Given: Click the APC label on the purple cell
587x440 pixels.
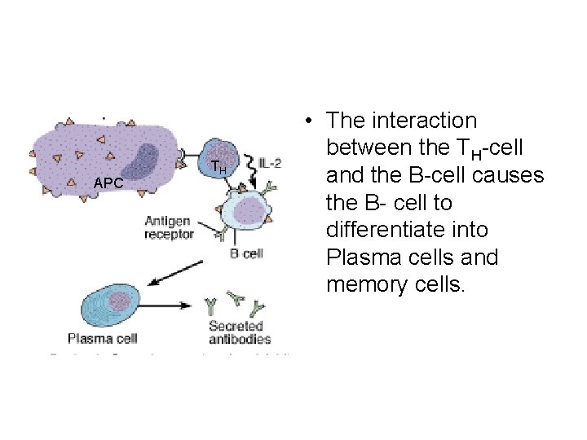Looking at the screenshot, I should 108,183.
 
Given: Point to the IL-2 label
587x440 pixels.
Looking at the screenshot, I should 270,163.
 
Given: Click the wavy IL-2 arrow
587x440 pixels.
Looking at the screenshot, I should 249,173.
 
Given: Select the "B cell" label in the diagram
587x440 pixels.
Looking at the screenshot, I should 246,253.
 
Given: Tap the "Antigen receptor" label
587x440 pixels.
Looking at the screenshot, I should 169,227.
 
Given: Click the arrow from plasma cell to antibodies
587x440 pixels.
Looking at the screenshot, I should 168,307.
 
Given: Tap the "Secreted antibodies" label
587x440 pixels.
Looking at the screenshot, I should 240,332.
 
